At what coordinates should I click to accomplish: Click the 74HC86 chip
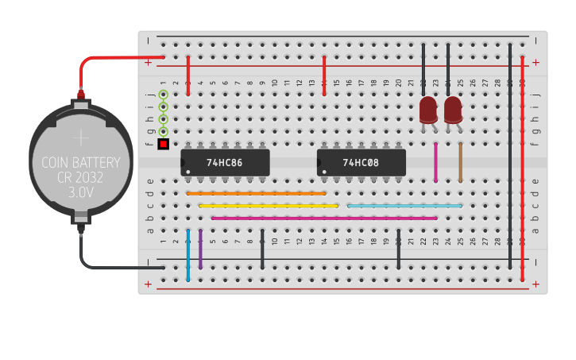[225, 162]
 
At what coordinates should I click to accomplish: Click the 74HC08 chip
[361, 162]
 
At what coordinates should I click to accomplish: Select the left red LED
[428, 110]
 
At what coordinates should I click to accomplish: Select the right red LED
[453, 110]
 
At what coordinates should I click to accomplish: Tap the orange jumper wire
[257, 193]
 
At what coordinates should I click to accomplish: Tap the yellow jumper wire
[269, 206]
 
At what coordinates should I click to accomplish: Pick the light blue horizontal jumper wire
[405, 206]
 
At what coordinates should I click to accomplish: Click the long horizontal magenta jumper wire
[324, 218]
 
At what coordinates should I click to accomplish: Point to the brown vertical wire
[460, 162]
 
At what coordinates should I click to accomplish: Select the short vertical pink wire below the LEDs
[435, 162]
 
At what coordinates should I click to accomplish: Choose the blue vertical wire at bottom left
[188, 256]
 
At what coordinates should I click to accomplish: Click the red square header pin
[164, 144]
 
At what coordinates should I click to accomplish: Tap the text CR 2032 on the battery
[81, 178]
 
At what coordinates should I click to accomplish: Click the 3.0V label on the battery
[81, 192]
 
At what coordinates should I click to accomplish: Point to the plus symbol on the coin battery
[81, 138]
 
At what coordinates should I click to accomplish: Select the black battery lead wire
[111, 267]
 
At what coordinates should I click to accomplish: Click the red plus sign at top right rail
[535, 62]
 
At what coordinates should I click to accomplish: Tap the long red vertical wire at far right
[522, 167]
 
